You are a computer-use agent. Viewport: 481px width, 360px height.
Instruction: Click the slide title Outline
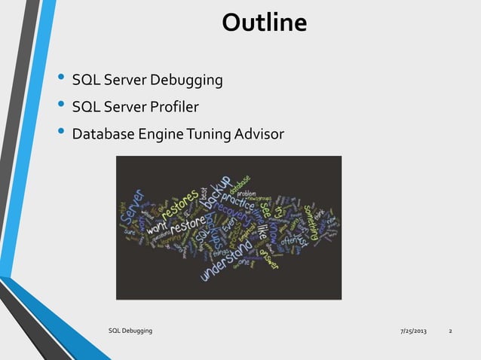pos(264,23)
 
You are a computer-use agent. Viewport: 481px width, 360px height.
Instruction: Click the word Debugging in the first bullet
pos(186,80)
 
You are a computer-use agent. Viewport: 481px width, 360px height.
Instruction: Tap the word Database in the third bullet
pos(103,135)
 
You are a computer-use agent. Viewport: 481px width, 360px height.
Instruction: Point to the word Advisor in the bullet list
pos(259,135)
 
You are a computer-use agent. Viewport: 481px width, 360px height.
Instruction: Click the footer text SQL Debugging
pos(130,331)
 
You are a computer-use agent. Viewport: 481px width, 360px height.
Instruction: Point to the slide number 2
pos(450,331)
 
